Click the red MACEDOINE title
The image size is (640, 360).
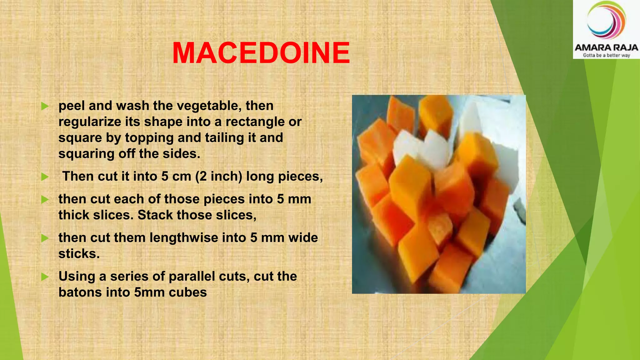[261, 53]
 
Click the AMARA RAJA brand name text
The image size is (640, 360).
[606, 47]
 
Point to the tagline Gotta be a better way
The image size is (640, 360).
[606, 55]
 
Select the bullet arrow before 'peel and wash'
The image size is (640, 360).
[45, 106]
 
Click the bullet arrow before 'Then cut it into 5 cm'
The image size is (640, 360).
[45, 177]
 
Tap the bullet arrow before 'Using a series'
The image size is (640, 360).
[45, 277]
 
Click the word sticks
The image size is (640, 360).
[79, 254]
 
